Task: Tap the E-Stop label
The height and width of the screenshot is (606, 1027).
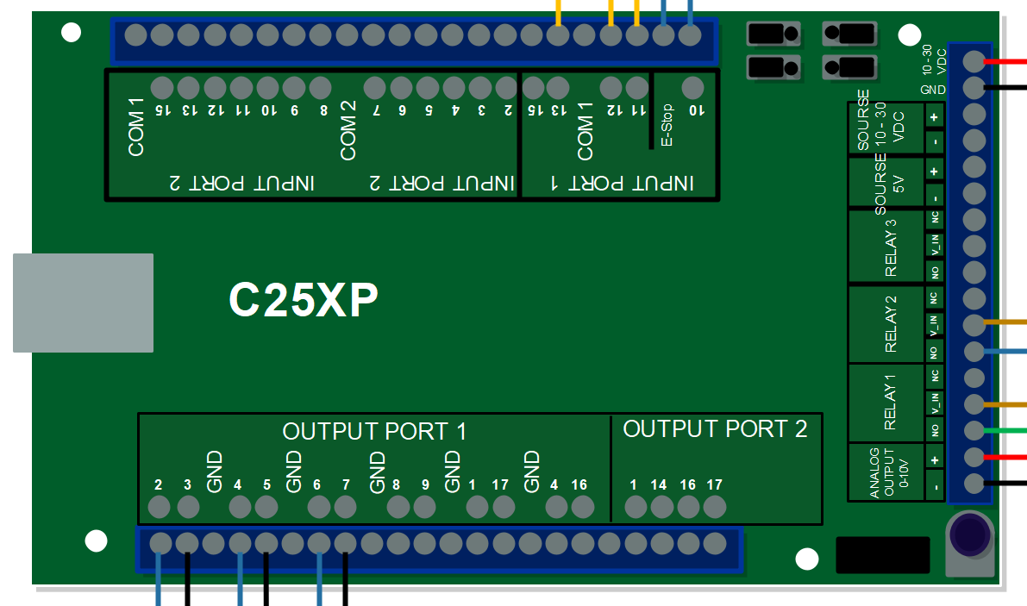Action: (x=667, y=125)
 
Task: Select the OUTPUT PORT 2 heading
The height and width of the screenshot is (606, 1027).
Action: (x=715, y=429)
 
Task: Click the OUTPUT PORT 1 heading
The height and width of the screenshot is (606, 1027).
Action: (x=374, y=432)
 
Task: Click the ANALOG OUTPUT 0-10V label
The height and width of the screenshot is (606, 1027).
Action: (x=886, y=472)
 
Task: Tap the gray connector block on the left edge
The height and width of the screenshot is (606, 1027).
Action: (x=83, y=303)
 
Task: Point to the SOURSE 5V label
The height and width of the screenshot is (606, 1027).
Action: (x=888, y=184)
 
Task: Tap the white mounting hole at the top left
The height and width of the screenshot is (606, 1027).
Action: (x=72, y=33)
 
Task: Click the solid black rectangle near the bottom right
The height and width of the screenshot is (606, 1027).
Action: (x=883, y=555)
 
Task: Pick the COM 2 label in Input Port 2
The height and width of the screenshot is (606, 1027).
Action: (x=348, y=130)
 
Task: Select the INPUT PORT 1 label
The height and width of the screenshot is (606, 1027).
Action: (x=622, y=183)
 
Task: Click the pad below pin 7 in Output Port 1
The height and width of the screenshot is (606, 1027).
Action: (x=345, y=507)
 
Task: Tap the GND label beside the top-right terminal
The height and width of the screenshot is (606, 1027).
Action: (x=932, y=90)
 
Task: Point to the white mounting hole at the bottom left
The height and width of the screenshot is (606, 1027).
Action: (x=96, y=541)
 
